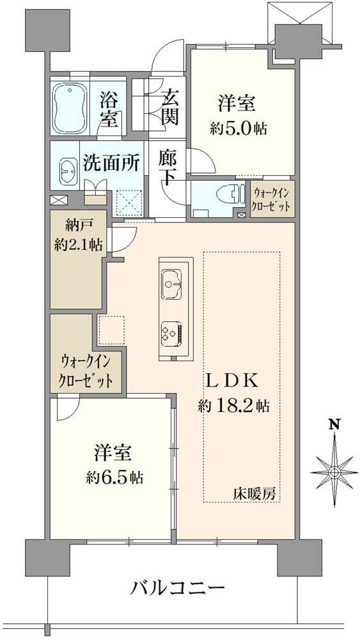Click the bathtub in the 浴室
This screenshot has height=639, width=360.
tap(70, 107)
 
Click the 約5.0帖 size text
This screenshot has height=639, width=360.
tap(239, 130)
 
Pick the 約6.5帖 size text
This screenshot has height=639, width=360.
tap(114, 477)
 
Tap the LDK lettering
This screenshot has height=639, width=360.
tap(232, 381)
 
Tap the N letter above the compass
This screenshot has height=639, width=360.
tap(334, 425)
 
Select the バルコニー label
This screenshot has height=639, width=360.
tap(178, 588)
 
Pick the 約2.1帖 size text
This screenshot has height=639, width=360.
tap(78, 245)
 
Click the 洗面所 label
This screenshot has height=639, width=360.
tap(112, 164)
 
